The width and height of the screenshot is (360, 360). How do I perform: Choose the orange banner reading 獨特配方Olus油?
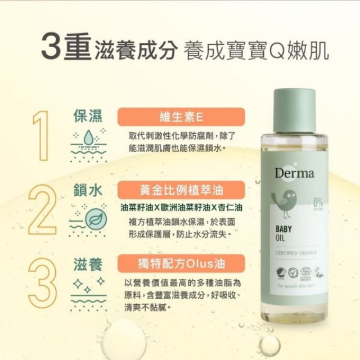pyautogui.click(x=181, y=263)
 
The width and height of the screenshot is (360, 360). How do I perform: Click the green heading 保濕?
pyautogui.click(x=88, y=116)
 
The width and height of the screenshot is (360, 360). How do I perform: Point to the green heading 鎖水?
pyautogui.click(x=88, y=190)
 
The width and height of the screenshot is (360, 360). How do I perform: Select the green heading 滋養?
pyautogui.click(x=88, y=263)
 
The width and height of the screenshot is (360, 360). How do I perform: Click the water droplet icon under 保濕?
pyautogui.click(x=88, y=138)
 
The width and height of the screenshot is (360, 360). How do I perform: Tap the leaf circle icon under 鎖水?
pyautogui.click(x=95, y=217)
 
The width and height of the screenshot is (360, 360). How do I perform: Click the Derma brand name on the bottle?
pyautogui.click(x=294, y=173)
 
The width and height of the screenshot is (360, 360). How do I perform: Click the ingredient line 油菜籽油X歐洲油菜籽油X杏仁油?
pyautogui.click(x=181, y=207)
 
